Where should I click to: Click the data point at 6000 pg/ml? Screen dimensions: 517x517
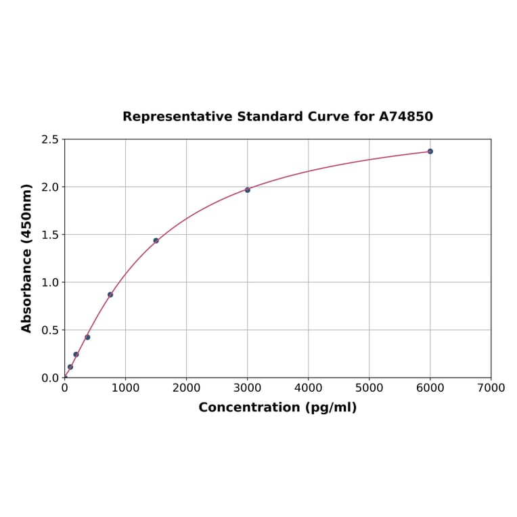(x=430, y=152)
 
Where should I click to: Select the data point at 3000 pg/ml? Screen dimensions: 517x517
(x=247, y=190)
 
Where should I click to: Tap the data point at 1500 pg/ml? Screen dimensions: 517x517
(x=156, y=240)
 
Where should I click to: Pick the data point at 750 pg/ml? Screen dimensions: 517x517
(x=110, y=294)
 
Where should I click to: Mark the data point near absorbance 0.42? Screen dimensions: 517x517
(x=87, y=337)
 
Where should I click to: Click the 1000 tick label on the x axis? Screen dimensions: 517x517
(x=125, y=388)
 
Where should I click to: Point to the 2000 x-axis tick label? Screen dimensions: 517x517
(x=186, y=388)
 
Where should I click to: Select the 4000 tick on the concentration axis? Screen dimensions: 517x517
(x=308, y=388)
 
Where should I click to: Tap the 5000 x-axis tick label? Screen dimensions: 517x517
(x=369, y=388)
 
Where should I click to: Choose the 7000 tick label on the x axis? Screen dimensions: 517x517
(x=491, y=388)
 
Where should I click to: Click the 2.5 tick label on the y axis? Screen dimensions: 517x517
(x=50, y=139)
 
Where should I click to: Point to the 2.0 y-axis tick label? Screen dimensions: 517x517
(x=50, y=187)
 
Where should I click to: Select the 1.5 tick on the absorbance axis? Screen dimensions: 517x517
(x=50, y=235)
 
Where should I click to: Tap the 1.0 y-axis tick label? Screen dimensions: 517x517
(x=50, y=282)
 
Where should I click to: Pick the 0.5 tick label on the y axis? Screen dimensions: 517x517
(x=50, y=330)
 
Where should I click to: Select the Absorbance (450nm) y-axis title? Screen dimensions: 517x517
(x=27, y=258)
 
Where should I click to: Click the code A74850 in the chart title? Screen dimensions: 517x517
(x=405, y=116)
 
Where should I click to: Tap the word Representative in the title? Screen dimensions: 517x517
(x=177, y=116)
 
